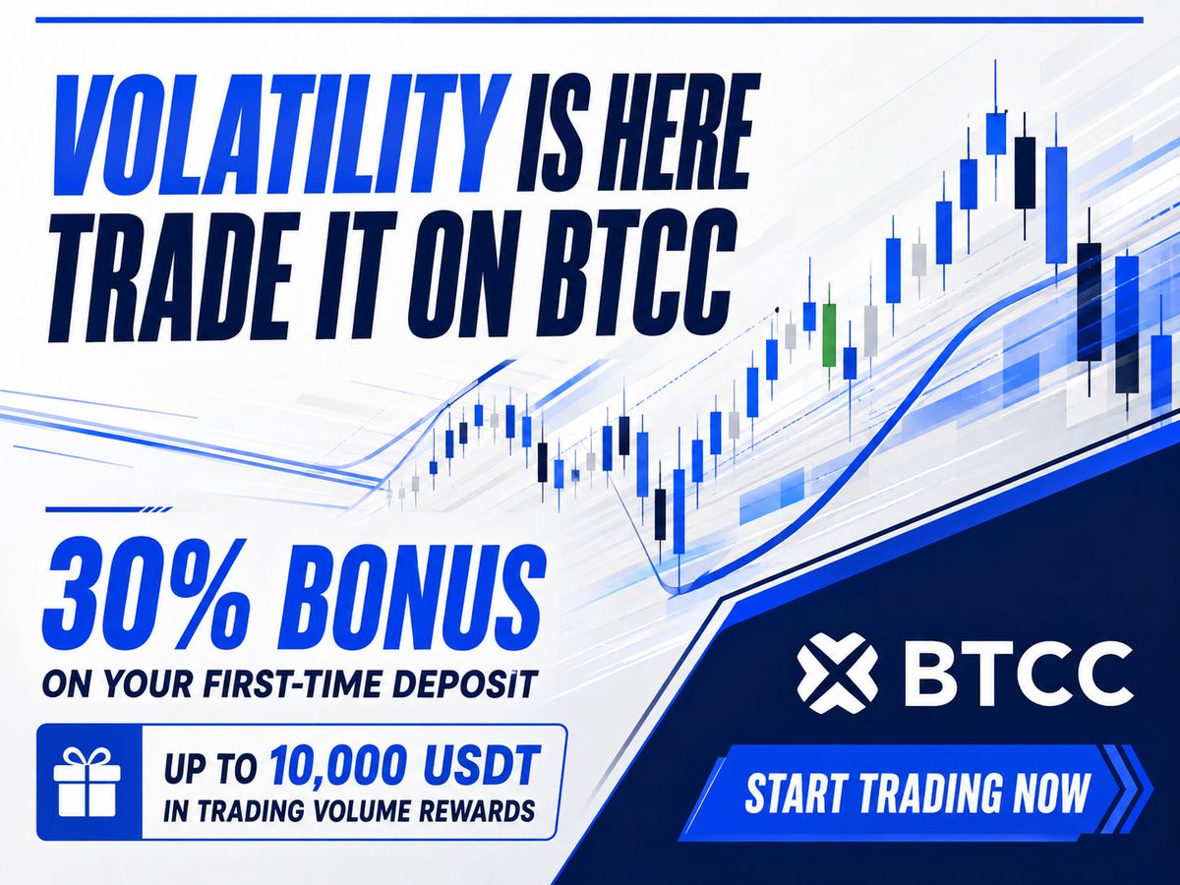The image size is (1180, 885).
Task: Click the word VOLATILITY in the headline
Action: [279, 135]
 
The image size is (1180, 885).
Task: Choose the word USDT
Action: [487, 766]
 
